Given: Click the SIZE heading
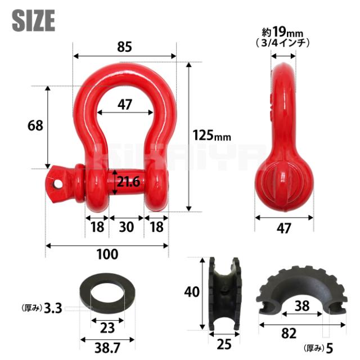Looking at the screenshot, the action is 34,20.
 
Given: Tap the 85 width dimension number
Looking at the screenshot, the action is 125,47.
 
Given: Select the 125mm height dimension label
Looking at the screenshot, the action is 211,135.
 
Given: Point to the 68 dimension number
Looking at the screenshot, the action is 35,125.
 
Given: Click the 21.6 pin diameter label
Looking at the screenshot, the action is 128,182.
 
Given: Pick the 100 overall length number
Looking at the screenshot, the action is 107,254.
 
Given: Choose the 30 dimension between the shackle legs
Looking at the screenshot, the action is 126,227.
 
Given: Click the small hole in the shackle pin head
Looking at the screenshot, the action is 57,184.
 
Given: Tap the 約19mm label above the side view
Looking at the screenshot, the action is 282,32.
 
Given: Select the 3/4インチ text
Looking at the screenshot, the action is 282,43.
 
